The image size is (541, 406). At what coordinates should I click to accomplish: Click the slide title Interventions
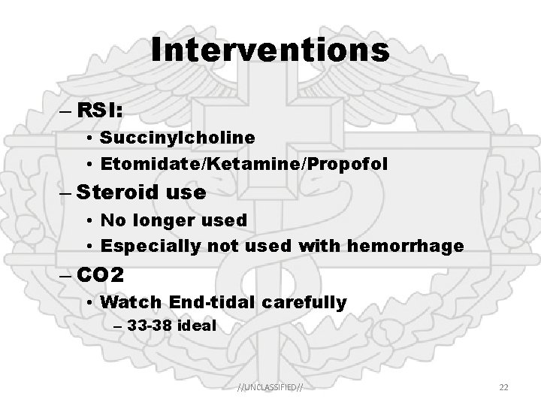tap(270, 50)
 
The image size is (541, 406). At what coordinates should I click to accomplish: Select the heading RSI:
tap(101, 110)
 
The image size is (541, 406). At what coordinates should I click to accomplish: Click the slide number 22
tap(504, 386)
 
